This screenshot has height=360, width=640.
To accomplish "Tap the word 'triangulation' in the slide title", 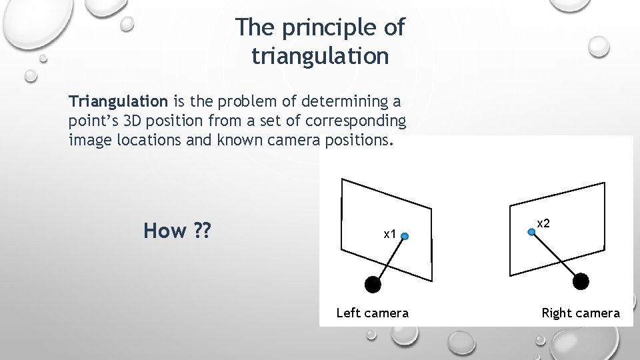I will coord(320,56).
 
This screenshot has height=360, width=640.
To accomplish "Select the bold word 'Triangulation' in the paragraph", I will coord(119,102).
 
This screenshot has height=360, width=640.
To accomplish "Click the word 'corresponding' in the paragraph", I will coord(358,121).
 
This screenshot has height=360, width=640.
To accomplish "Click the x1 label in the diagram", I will coord(390,234).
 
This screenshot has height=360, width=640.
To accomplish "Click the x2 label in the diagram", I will coord(543,224).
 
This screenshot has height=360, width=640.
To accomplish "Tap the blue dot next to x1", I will coord(405,235).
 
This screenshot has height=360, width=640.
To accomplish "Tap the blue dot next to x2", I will coord(531,231).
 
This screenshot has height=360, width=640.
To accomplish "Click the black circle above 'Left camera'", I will coord(373,284).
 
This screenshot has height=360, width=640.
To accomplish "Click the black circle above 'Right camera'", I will coord(581,281).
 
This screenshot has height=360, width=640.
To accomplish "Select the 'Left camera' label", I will coord(373,313).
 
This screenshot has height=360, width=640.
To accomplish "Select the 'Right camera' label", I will coord(580,313).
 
